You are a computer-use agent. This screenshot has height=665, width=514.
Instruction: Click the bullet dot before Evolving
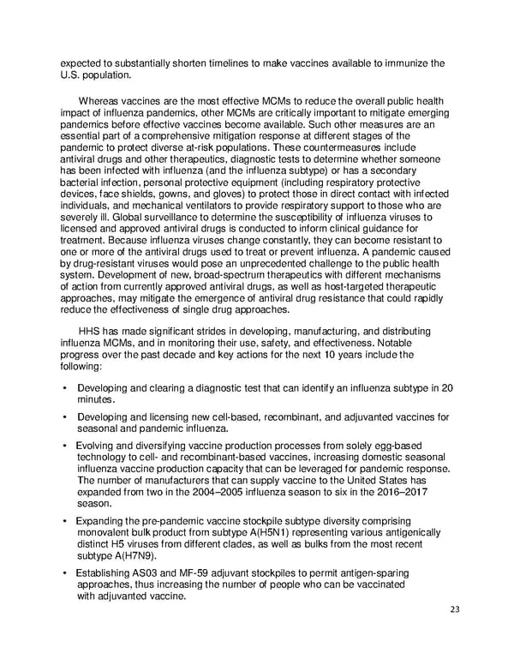(x=65, y=446)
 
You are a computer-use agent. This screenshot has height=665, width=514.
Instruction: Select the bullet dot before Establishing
(x=65, y=572)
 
